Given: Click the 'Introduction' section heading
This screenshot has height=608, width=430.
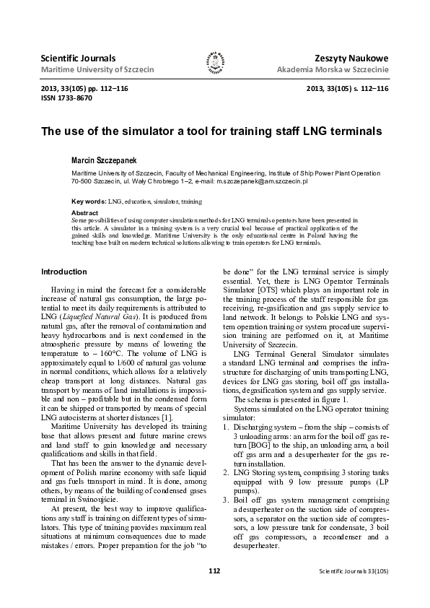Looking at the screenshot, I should pos(64,272).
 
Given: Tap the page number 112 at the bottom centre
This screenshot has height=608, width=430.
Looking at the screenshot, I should pos(214,591).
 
